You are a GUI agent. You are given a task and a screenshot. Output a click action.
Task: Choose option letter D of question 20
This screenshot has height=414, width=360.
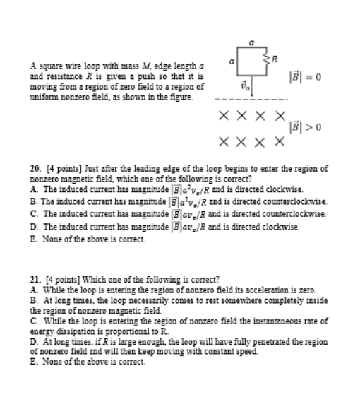coord(34,226)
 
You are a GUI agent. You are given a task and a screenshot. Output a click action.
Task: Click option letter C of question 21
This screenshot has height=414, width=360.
coord(34,321)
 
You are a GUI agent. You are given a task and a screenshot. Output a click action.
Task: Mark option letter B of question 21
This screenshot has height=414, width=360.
coord(34,300)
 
